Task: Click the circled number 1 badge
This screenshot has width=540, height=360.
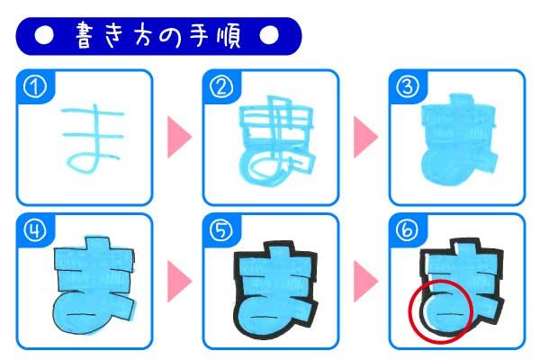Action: tap(35, 87)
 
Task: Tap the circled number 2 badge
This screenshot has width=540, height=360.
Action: tap(221, 87)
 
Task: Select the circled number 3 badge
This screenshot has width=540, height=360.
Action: tap(408, 87)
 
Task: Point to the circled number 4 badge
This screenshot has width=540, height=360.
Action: tap(35, 230)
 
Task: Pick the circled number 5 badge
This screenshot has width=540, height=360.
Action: tap(221, 230)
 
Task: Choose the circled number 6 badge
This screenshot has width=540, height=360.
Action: tap(408, 230)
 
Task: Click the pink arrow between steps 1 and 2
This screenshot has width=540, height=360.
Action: tap(179, 137)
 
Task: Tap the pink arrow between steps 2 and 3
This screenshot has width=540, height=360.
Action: tap(365, 137)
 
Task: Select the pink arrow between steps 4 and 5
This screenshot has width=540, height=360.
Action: tap(179, 281)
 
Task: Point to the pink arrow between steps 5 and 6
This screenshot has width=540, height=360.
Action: tap(365, 281)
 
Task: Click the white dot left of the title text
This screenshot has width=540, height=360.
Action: tap(44, 35)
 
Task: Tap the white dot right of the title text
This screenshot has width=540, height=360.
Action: tap(269, 35)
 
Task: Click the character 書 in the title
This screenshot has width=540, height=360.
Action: tap(85, 35)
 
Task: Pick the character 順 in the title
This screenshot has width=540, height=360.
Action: tap(229, 36)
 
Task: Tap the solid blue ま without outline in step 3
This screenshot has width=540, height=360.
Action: tap(458, 141)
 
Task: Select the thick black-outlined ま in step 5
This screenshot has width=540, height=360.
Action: tap(275, 290)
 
